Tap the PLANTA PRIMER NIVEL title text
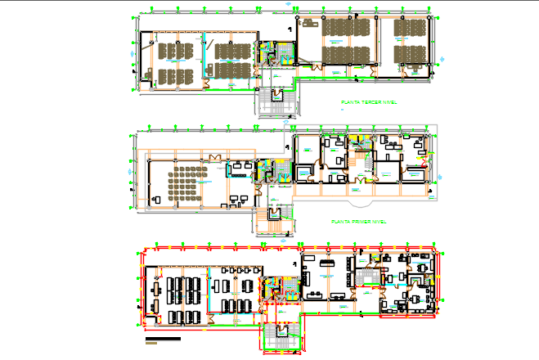click(x=357, y=222)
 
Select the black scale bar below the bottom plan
click(x=163, y=338)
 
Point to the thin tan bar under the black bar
click(x=162, y=344)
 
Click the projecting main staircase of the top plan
click(x=279, y=102)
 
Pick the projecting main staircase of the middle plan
click(x=276, y=218)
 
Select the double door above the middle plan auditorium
click(x=214, y=157)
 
